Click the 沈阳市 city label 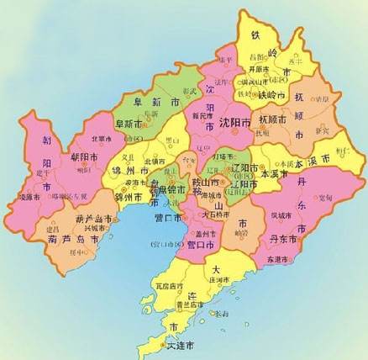click(x=234, y=123)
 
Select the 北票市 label click(x=101, y=139)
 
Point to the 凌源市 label click(x=29, y=197)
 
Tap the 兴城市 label click(x=95, y=228)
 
